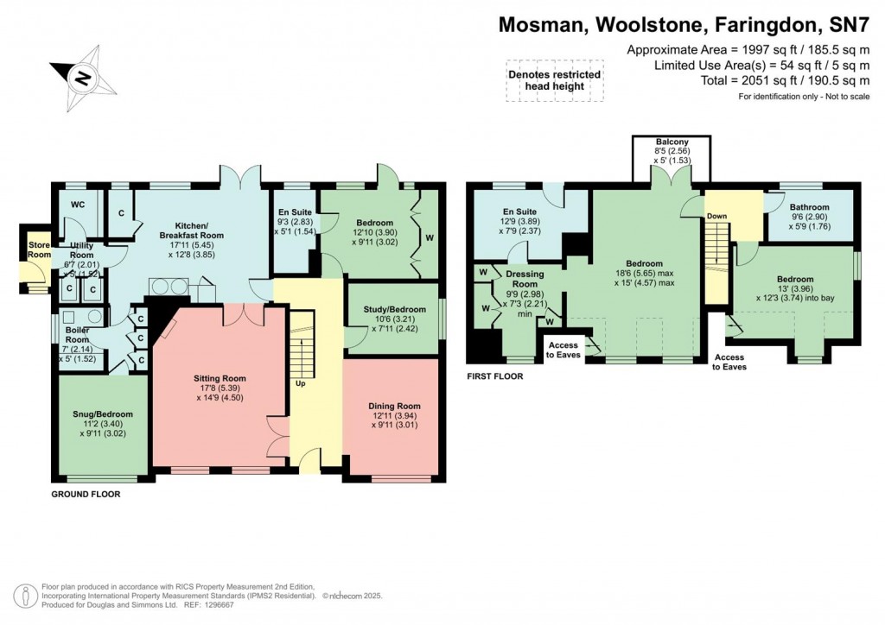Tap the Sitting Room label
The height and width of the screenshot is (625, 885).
222,378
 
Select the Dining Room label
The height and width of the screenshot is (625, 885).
394,406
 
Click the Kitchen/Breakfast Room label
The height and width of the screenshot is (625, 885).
188,230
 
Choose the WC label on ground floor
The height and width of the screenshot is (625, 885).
77,205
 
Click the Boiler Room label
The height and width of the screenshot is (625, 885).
78,335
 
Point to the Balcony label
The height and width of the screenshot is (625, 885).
671,142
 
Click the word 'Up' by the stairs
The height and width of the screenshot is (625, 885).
301,383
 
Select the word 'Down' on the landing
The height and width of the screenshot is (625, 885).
717,217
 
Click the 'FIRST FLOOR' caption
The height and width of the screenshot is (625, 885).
494,376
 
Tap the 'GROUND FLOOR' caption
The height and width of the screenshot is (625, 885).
86,495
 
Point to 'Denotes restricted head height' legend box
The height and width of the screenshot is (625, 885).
553,80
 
